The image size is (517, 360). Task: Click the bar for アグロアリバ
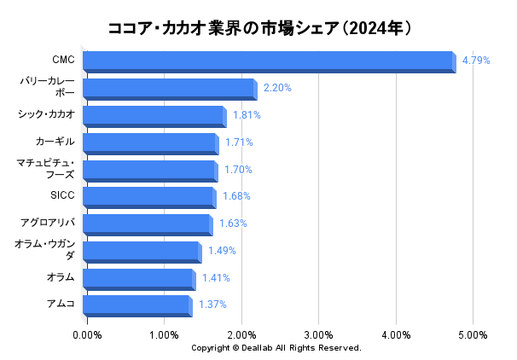click(147, 224)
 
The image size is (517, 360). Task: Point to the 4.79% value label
click(476, 61)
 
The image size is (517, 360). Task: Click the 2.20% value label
click(277, 88)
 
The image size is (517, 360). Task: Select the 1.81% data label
click(247, 115)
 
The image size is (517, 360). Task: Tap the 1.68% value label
click(236, 196)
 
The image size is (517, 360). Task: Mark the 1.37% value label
click(212, 305)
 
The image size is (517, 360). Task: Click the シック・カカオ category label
click(47, 114)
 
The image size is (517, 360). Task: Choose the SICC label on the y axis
click(63, 196)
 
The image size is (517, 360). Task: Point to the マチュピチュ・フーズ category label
click(47, 169)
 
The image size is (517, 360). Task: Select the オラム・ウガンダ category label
click(45, 250)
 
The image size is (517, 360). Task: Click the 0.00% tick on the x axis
click(87, 334)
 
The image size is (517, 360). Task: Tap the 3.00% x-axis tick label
click(318, 334)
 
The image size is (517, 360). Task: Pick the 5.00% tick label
click(473, 334)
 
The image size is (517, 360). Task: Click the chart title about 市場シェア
click(259, 28)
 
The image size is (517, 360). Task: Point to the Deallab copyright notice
click(276, 348)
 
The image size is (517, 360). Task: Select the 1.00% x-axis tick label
click(164, 334)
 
